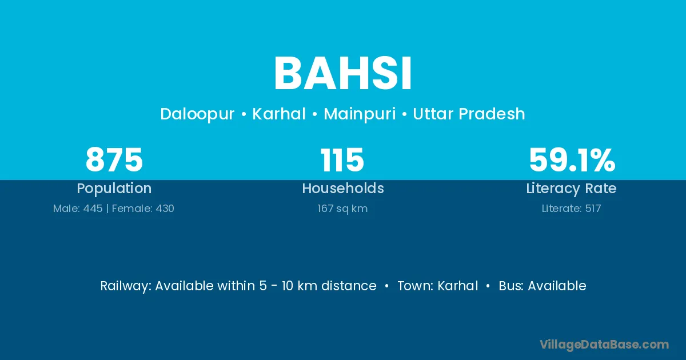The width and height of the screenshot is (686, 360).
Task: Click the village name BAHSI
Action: [x=342, y=73]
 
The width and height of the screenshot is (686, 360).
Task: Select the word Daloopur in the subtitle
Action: [x=197, y=114]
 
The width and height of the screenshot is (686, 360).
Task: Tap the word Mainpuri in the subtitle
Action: [x=360, y=114]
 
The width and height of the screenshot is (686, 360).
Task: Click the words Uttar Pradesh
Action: [x=469, y=114]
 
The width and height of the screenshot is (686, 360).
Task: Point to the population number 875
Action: [x=114, y=159]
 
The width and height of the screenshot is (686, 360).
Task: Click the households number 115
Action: [x=342, y=159]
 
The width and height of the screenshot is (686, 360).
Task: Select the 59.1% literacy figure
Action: [x=572, y=159]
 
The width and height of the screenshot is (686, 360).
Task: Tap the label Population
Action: [x=114, y=189]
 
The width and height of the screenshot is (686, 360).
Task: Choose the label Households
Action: [x=343, y=188]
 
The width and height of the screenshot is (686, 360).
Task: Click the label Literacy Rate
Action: [x=571, y=189]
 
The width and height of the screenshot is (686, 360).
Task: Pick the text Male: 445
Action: [x=78, y=209]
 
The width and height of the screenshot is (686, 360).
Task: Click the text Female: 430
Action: [x=143, y=209]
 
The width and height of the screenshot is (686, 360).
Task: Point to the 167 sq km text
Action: [x=342, y=209]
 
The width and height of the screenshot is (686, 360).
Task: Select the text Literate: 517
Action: [x=571, y=209]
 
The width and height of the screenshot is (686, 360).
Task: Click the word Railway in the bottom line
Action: [x=126, y=286]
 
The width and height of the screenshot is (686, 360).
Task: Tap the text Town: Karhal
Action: [x=438, y=286]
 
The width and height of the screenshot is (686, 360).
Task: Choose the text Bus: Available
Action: [x=543, y=286]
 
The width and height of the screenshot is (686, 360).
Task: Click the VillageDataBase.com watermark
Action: [x=604, y=345]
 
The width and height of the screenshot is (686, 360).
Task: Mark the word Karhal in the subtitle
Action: [x=279, y=114]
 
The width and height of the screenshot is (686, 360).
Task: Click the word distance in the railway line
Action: [x=349, y=286]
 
